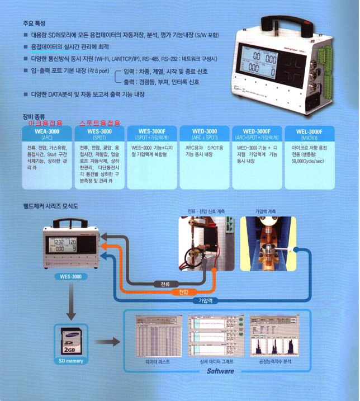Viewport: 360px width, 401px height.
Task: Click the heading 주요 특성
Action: pos(34,23)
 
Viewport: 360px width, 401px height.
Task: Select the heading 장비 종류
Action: pos(33,116)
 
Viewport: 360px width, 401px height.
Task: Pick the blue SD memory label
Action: pos(72,361)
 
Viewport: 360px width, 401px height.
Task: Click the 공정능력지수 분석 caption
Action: pos(272,362)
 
